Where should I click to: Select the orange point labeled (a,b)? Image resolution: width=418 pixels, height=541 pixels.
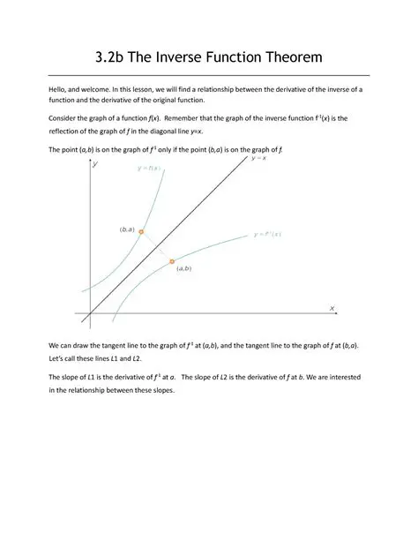pyautogui.click(x=172, y=262)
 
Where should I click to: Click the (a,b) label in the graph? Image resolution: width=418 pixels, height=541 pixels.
pyautogui.click(x=185, y=267)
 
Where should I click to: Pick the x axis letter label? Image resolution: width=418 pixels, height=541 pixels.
pyautogui.click(x=332, y=308)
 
